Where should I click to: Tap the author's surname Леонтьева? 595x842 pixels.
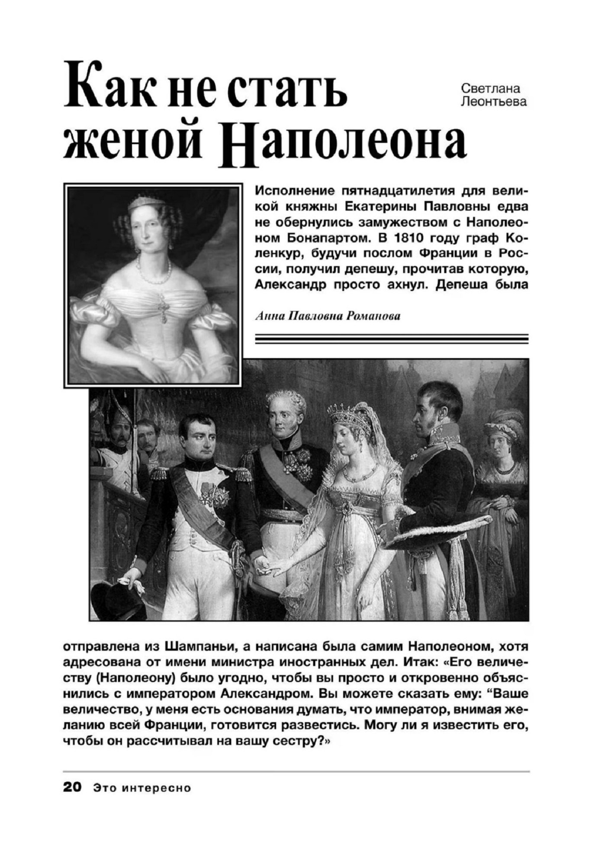tap(494, 102)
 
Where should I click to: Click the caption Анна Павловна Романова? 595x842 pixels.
tap(328, 316)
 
